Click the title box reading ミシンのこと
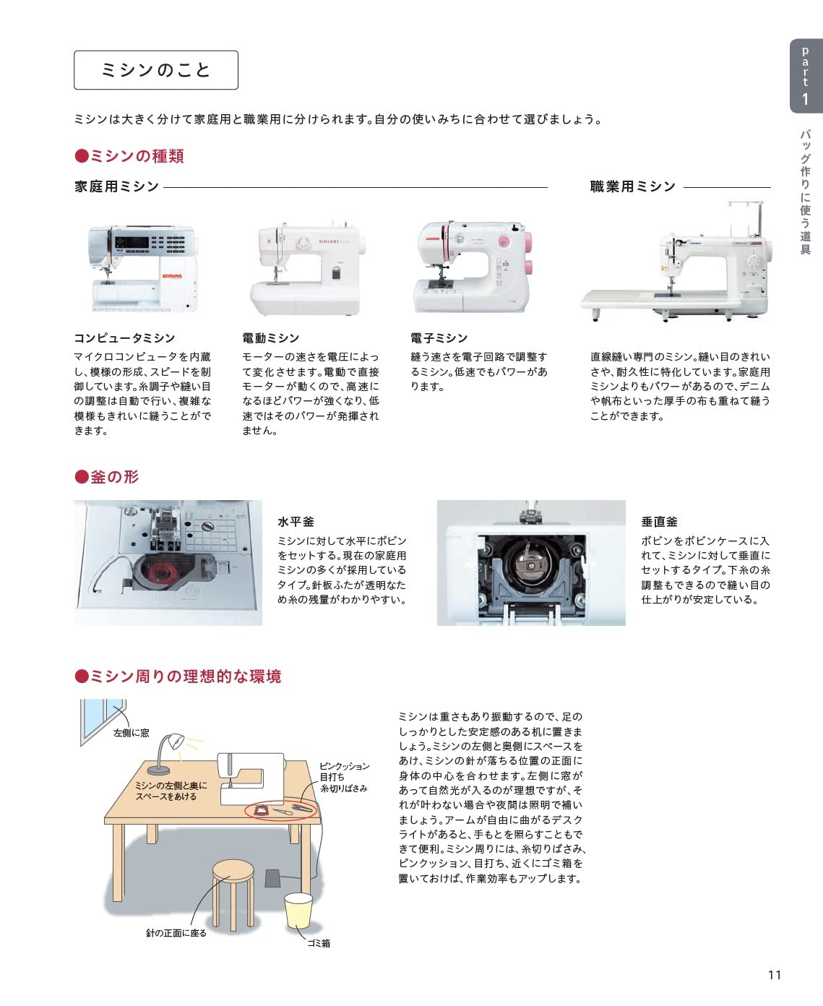pos(155,70)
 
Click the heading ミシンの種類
pos(130,156)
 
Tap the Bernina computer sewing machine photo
pos(142,268)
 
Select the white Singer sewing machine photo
pos(308,268)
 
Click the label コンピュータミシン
pos(124,338)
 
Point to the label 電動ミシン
pos(270,338)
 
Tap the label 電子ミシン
pos(439,338)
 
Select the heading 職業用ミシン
pos(632,186)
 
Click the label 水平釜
pos(296,522)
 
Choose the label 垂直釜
pos(659,522)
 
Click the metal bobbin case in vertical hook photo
pos(531,567)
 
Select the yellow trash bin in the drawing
pos(298,911)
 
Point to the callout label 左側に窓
pos(132,733)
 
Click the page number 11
pos(774,975)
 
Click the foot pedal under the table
pos(272,878)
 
